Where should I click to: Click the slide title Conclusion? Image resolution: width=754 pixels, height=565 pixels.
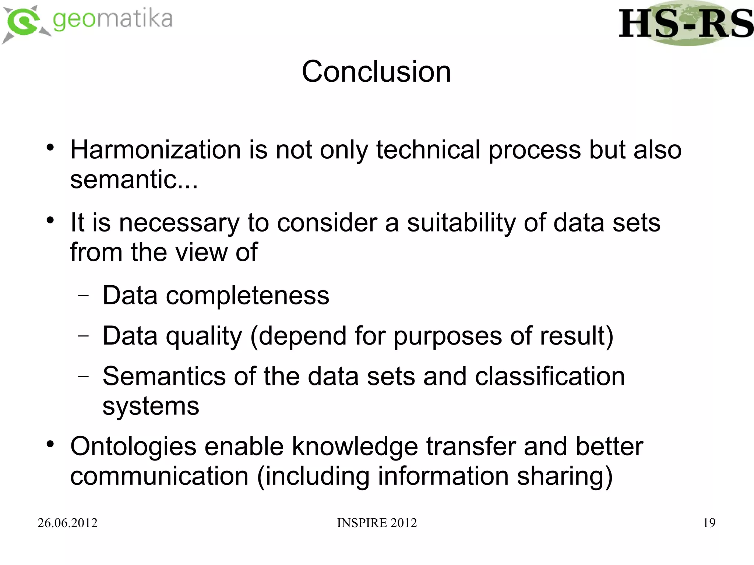(376, 71)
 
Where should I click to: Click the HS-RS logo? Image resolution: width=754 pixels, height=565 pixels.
(686, 24)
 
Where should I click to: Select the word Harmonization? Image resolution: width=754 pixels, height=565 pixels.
(155, 150)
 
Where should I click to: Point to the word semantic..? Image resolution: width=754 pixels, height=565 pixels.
(134, 180)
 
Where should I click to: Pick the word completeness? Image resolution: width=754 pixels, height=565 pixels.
(247, 296)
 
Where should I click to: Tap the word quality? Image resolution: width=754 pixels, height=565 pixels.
(204, 336)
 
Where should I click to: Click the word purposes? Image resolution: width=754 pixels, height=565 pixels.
(447, 336)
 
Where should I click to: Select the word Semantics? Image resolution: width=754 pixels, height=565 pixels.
(164, 377)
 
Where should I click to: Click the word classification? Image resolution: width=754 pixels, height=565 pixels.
(550, 377)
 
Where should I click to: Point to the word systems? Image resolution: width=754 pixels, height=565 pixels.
(151, 406)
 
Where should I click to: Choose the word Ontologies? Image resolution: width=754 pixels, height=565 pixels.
(133, 446)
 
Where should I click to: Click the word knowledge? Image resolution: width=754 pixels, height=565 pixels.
(355, 446)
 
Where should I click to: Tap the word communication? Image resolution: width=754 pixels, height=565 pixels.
(159, 476)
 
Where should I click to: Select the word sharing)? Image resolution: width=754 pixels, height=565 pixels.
(565, 476)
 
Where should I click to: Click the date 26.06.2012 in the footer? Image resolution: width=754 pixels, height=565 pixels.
(67, 523)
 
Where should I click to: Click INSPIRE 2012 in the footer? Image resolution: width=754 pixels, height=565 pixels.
(377, 523)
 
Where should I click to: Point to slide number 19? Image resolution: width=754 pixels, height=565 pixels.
(709, 523)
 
